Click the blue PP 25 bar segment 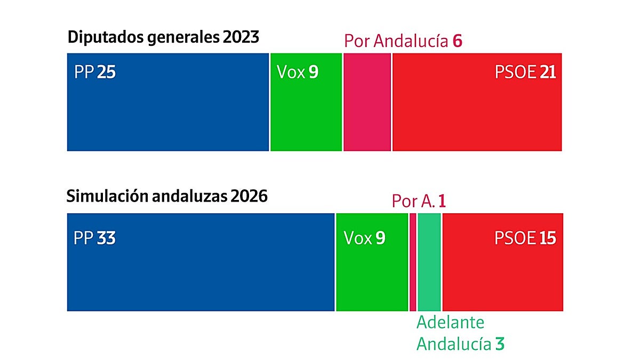click(x=168, y=102)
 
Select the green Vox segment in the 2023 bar click(x=306, y=102)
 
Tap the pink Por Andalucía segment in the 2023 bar click(x=367, y=102)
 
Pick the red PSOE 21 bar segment click(x=477, y=102)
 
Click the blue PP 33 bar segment click(x=201, y=262)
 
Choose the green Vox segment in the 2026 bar click(x=372, y=262)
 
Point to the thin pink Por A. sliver click(x=413, y=262)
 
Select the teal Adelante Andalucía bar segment click(x=429, y=262)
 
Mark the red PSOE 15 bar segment click(x=503, y=262)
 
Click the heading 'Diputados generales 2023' click(x=163, y=37)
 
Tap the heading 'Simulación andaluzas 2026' click(x=167, y=196)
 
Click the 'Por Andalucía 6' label click(x=403, y=41)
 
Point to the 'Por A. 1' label click(x=419, y=201)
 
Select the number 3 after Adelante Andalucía click(x=500, y=343)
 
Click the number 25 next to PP click(x=106, y=71)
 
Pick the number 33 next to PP click(x=106, y=238)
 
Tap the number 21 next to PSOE click(x=548, y=71)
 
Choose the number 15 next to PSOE click(x=548, y=238)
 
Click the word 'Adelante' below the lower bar click(x=450, y=322)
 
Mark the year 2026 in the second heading click(x=249, y=196)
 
